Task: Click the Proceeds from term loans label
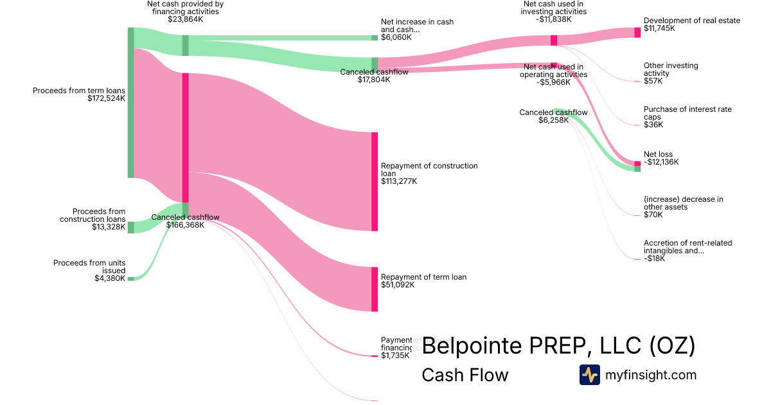(79, 91)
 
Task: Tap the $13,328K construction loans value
(109, 227)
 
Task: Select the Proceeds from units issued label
(89, 266)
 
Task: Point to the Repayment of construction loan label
(429, 169)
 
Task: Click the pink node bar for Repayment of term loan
(375, 289)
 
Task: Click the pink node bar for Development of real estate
(637, 32)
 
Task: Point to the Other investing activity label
(671, 69)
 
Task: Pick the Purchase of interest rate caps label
(687, 113)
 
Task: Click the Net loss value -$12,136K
(661, 162)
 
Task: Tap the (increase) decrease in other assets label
(683, 203)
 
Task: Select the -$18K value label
(654, 258)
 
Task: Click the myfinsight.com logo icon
(589, 375)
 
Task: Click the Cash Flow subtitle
(465, 375)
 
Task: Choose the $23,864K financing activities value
(186, 19)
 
